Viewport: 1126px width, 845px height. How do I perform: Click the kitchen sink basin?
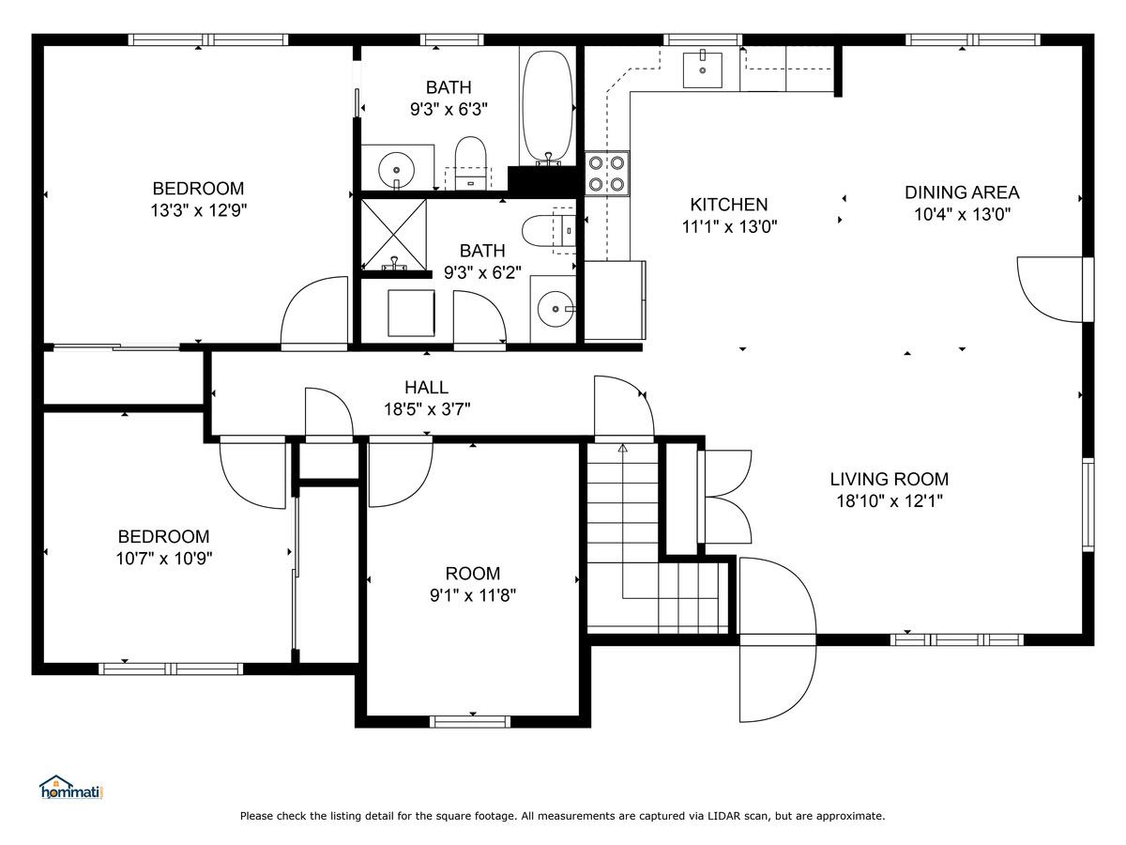pos(702,69)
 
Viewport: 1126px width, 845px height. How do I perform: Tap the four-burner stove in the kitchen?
pos(607,174)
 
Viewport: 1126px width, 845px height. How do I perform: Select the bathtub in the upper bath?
pos(547,108)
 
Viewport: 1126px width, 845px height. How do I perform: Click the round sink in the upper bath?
pos(396,169)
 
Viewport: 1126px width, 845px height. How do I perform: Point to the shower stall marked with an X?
pos(393,235)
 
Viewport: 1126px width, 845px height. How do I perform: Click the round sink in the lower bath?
pos(555,309)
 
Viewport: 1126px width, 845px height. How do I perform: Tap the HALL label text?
pos(426,387)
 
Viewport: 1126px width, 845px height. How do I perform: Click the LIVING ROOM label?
pos(889,479)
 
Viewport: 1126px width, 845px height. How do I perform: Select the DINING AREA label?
pos(962,192)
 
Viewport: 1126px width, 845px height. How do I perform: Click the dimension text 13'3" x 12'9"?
pos(199,210)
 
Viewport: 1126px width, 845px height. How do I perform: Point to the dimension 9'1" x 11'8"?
pos(473,595)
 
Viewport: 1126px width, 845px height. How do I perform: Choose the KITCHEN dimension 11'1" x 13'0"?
pos(729,226)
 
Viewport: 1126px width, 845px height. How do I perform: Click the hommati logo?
pos(70,787)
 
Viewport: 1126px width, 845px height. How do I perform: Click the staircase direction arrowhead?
pos(623,448)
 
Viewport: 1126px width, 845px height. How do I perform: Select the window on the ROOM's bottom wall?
pos(470,722)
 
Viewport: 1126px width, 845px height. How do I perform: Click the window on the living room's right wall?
pos(1088,505)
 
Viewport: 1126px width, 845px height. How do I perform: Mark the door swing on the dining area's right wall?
pos(1050,290)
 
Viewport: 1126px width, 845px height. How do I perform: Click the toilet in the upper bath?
pos(470,161)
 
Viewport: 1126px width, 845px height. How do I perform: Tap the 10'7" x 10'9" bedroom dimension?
pos(163,559)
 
